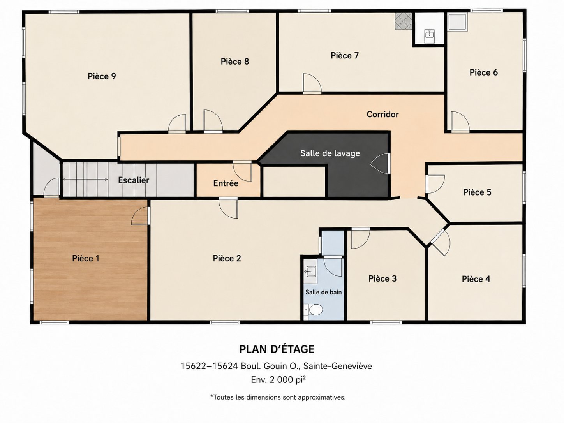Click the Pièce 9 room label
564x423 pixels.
coord(102,76)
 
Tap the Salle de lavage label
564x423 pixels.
coord(330,153)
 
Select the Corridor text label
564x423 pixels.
coord(382,114)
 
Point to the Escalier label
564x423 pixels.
coord(134,180)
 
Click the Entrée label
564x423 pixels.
coord(226,183)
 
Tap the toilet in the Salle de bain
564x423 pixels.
coord(314,310)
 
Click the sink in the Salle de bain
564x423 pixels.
coord(311,271)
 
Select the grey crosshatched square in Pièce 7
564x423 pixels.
coord(403,21)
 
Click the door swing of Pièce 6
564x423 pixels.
coord(460,121)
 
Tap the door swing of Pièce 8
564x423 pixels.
coord(213,121)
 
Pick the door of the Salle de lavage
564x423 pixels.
coord(380,164)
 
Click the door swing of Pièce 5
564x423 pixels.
coord(435,184)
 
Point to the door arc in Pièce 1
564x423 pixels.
coord(140,216)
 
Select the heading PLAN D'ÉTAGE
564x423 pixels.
coord(277,349)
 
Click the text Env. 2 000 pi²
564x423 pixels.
coord(278,380)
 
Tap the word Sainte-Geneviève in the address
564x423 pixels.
coord(338,366)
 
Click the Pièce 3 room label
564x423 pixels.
coord(382,278)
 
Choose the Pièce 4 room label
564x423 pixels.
coord(476,279)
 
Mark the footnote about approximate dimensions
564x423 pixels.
coord(278,397)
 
